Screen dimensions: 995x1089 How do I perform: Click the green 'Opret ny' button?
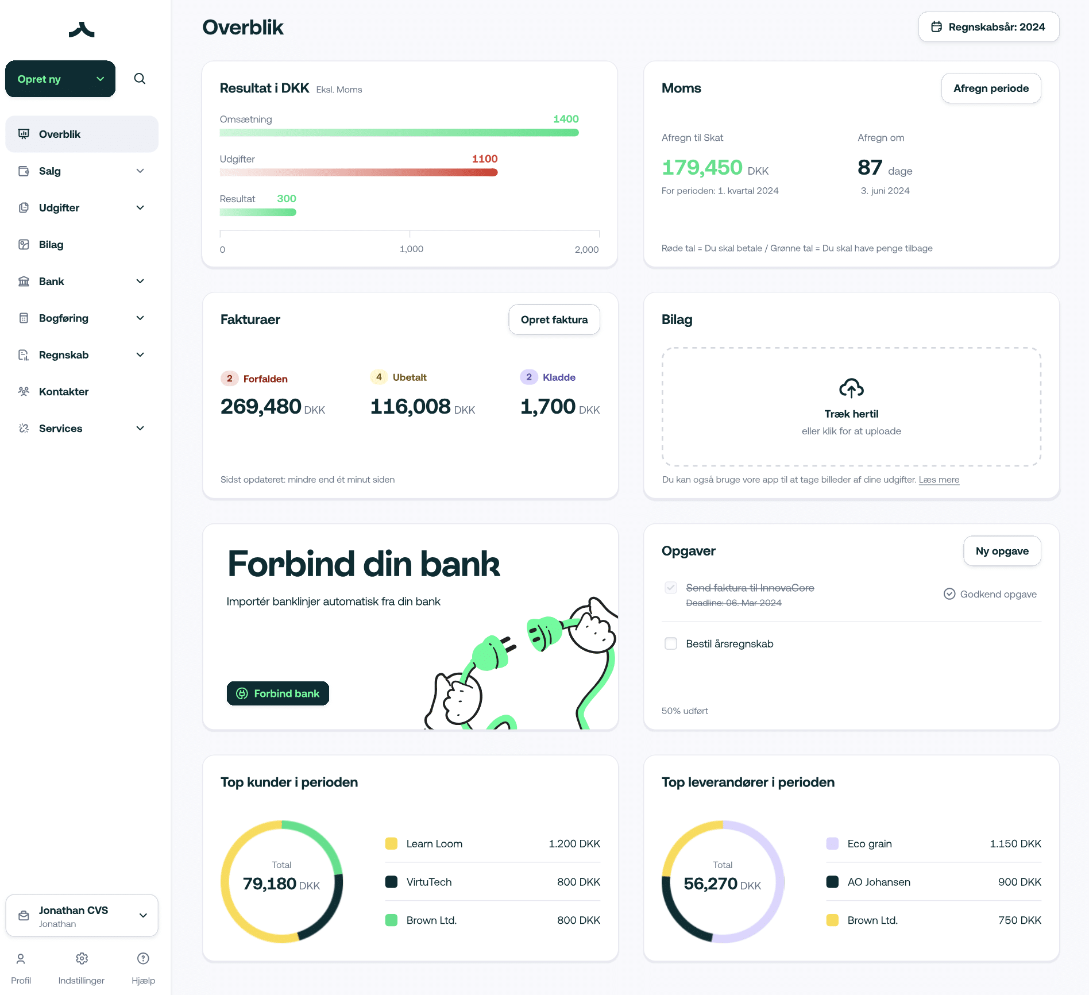point(60,79)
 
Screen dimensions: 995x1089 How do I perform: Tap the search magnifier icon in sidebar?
point(140,79)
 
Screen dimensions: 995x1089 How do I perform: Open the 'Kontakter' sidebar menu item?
point(63,392)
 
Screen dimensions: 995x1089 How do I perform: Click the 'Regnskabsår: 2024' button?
point(988,27)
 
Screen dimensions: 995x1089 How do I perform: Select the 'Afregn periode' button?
point(991,88)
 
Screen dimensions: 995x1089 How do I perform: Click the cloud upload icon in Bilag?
point(851,388)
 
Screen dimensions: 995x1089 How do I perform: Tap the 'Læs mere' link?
point(939,480)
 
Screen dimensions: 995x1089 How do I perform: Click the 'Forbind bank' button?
point(278,693)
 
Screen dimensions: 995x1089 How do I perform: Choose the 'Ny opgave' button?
point(1002,551)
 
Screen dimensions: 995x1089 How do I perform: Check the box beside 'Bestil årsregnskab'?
point(671,643)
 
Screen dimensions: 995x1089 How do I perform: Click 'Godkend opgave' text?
point(998,594)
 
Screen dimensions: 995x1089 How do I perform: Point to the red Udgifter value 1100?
point(485,159)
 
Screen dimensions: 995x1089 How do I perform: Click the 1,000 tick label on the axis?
point(411,249)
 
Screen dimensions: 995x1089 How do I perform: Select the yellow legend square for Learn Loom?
point(391,844)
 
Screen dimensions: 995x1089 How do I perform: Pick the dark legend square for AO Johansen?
point(832,882)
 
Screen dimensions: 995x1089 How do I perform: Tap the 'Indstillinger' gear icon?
point(82,958)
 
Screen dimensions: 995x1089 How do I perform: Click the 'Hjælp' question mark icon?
point(143,958)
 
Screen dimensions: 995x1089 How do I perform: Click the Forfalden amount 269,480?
point(261,407)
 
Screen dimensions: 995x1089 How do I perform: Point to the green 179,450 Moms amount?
point(702,168)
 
